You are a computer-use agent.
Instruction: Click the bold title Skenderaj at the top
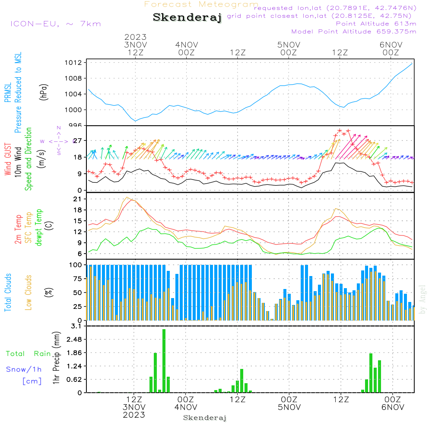click(187, 17)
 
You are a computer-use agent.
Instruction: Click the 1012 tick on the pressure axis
click(74, 63)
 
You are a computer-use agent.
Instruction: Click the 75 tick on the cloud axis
click(76, 278)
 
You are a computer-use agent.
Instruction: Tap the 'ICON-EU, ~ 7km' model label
click(55, 24)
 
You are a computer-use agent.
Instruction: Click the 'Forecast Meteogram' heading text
click(201, 4)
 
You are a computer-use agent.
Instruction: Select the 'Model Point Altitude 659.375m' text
click(354, 32)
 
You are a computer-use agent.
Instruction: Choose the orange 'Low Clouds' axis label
click(29, 292)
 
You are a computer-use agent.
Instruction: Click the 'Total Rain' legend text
click(29, 354)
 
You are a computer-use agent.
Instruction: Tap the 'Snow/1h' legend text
click(24, 369)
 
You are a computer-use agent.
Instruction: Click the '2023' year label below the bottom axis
click(134, 415)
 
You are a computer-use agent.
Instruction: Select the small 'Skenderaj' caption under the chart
click(205, 418)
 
